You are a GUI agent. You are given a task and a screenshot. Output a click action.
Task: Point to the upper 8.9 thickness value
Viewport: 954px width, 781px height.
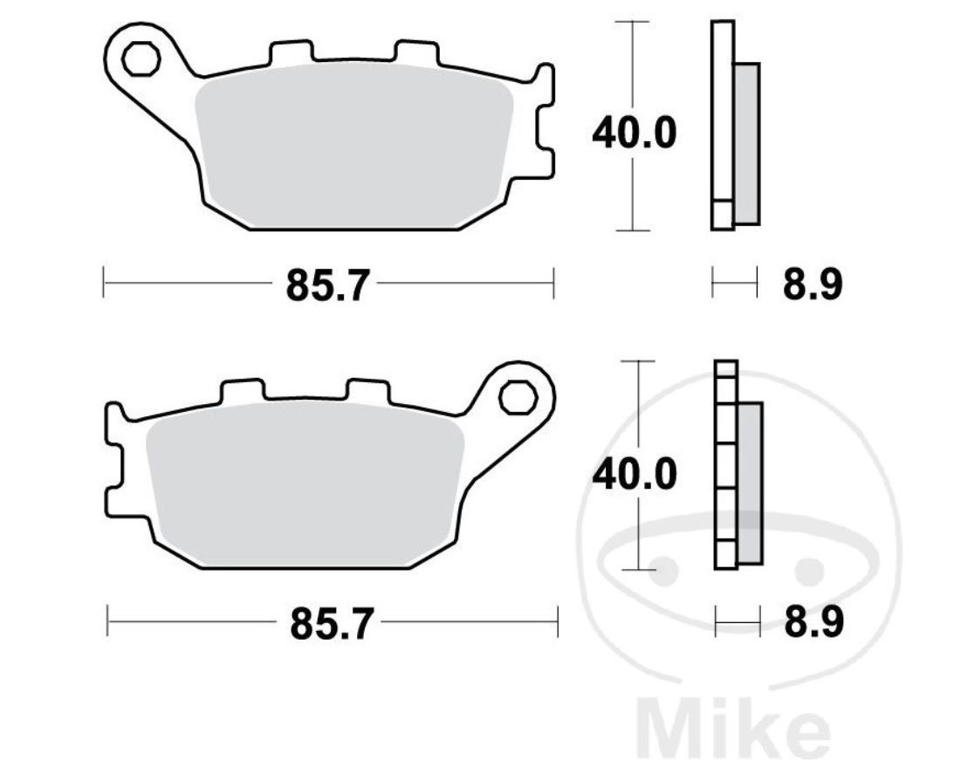click(x=812, y=284)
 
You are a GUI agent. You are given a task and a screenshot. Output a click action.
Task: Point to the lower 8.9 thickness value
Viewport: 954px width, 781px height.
click(x=813, y=624)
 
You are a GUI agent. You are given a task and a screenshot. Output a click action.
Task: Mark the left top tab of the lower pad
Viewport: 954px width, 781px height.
click(x=241, y=392)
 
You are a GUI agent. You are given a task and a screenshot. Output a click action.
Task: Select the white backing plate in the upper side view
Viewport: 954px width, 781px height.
click(x=722, y=113)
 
